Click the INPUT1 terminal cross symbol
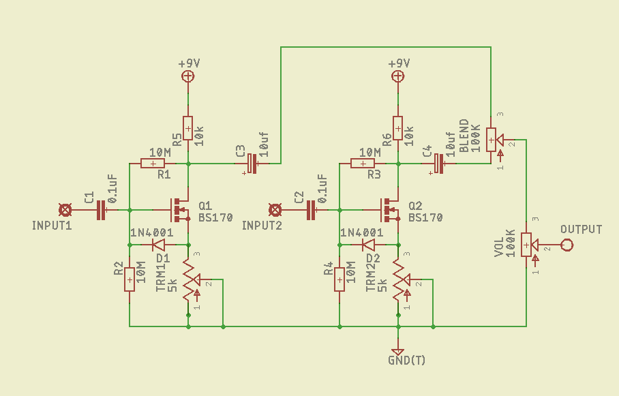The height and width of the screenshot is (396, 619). (65, 210)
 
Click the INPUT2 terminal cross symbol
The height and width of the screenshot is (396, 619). (275, 210)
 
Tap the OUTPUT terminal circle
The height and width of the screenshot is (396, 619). (567, 245)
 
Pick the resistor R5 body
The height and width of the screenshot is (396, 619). (188, 129)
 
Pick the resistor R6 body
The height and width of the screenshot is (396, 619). (398, 129)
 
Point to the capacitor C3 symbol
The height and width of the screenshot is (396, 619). (252, 164)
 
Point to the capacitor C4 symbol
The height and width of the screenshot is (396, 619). (439, 164)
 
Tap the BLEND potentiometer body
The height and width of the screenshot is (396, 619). (491, 140)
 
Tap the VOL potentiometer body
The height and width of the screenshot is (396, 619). (526, 245)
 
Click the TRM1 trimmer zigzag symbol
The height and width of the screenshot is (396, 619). (189, 279)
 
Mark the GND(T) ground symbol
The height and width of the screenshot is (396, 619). (398, 350)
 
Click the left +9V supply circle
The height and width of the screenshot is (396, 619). (188, 76)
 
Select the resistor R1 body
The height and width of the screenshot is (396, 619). (153, 164)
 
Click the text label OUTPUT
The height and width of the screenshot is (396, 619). (581, 230)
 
